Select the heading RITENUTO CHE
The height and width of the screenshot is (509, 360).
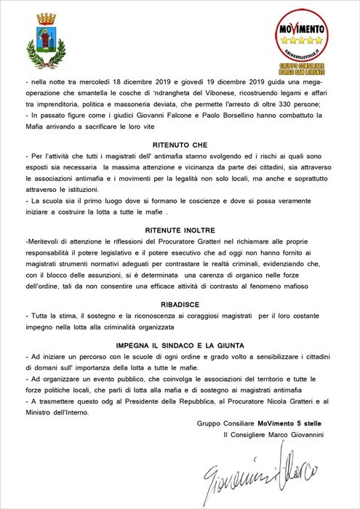click(x=180, y=145)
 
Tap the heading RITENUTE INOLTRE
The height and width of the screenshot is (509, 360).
click(x=180, y=229)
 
